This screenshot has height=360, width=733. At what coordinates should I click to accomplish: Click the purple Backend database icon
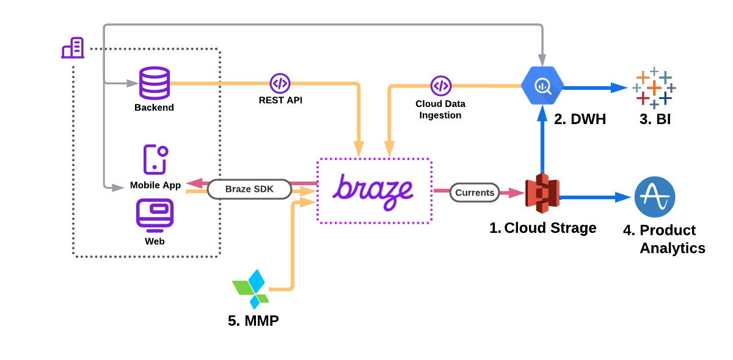(155, 83)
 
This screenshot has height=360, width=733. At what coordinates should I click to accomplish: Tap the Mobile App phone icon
(155, 160)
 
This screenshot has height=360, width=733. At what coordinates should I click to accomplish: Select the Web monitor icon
(155, 213)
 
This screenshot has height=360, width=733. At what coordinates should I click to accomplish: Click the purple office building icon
(73, 48)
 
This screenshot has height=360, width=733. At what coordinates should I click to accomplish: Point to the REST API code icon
(280, 83)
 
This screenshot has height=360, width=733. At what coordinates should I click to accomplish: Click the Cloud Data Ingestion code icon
(441, 86)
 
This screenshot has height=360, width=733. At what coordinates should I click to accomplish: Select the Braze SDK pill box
(249, 189)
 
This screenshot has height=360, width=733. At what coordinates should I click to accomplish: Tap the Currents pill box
(475, 193)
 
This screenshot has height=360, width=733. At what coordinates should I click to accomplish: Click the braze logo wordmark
(373, 192)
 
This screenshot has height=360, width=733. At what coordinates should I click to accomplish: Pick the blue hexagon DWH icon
(542, 86)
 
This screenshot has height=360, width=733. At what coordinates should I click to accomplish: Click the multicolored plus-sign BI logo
(654, 88)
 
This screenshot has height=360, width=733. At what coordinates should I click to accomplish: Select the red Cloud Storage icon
(542, 193)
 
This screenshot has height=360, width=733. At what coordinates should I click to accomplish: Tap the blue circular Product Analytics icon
(655, 197)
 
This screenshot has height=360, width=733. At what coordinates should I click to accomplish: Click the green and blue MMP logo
(251, 289)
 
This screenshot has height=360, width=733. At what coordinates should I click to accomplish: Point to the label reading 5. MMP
(253, 321)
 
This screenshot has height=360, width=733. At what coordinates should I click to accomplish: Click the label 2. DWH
(580, 119)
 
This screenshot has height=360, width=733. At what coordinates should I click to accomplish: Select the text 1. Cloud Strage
(543, 228)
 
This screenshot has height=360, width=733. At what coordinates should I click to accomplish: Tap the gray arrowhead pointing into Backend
(133, 83)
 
